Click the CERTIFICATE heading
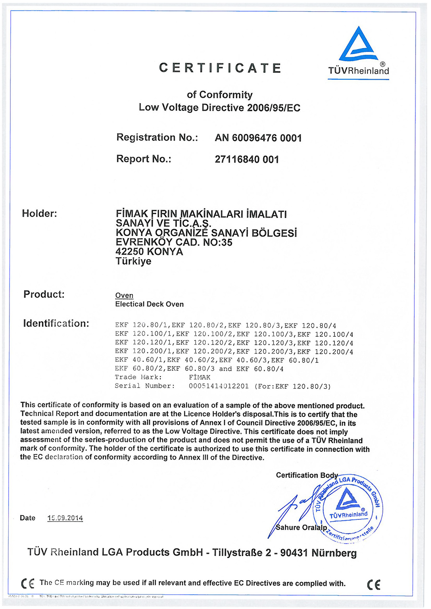point(220,68)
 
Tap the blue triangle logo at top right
point(358,44)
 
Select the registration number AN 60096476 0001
point(258,138)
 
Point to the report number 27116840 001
point(247,160)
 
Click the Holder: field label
point(39,214)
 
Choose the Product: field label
point(44,295)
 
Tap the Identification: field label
point(56,323)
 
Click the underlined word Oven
point(124,295)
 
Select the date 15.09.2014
point(65,518)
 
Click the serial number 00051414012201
point(219,386)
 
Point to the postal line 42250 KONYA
point(149,252)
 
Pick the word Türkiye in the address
point(133,261)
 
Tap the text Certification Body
point(307,475)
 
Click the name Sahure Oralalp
point(301,528)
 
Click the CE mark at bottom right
point(374,584)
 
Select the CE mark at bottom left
point(28,584)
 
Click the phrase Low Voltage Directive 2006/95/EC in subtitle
point(219,108)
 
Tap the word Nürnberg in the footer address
point(334,553)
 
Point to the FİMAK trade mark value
point(200,378)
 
